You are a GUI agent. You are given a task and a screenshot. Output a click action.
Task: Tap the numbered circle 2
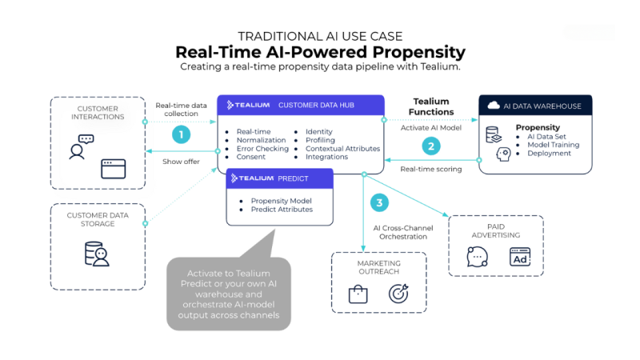pyautogui.click(x=432, y=146)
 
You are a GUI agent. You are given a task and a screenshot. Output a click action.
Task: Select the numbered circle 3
pyautogui.click(x=380, y=202)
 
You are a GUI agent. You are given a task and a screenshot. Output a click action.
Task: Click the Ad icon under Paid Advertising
pyautogui.click(x=520, y=258)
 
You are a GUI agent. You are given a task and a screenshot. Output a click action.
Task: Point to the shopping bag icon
pyautogui.click(x=358, y=294)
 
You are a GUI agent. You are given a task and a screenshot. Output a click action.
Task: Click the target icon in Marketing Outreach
pyautogui.click(x=398, y=294)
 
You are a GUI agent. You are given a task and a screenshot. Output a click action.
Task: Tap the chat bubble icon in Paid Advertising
pyautogui.click(x=478, y=258)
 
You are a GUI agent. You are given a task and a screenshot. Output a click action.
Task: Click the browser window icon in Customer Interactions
pyautogui.click(x=113, y=169)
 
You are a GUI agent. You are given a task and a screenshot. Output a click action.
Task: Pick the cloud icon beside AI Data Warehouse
pyautogui.click(x=493, y=105)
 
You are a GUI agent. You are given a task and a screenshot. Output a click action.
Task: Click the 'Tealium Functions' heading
pyautogui.click(x=432, y=106)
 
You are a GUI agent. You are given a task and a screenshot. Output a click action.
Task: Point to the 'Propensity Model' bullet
pyautogui.click(x=280, y=200)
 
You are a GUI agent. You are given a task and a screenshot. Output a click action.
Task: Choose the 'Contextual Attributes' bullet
pyautogui.click(x=342, y=148)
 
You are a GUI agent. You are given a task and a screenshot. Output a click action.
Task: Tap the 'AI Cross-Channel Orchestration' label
pyautogui.click(x=405, y=233)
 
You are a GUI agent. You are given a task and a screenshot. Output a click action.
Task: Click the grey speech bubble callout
pyautogui.click(x=228, y=290)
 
